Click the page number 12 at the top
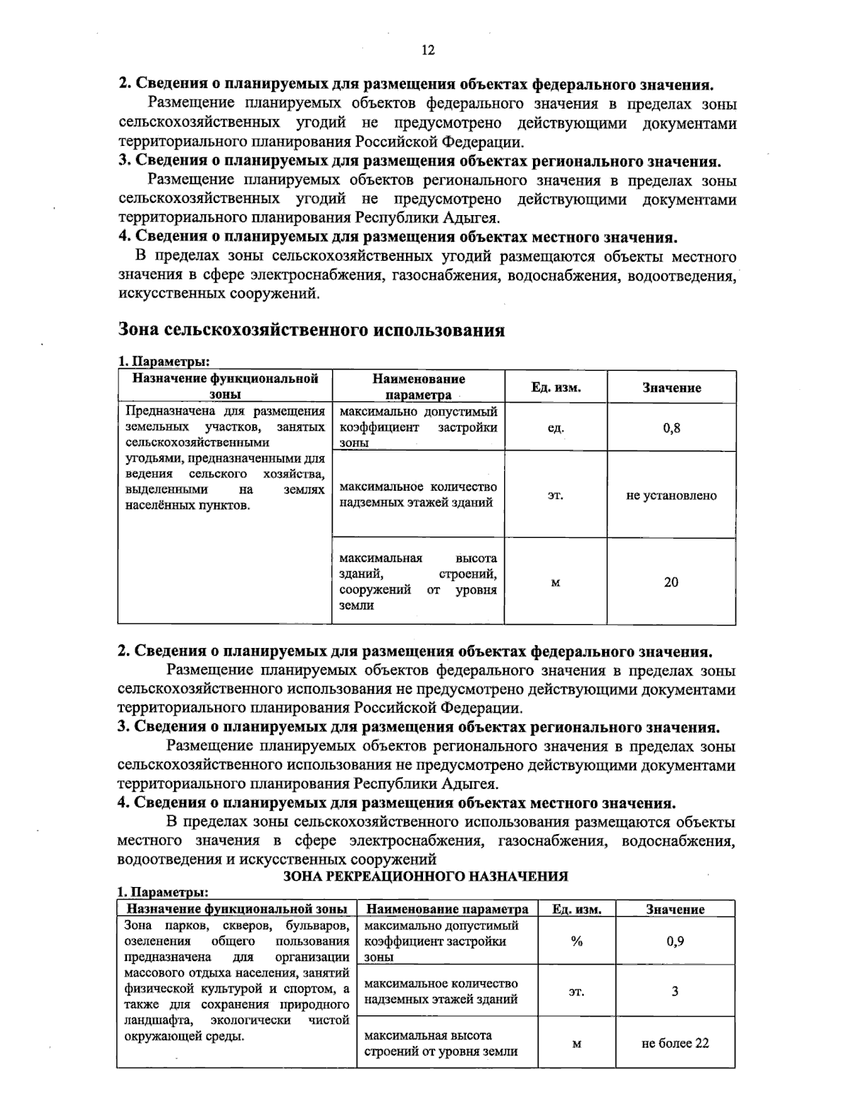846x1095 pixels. click(x=428, y=50)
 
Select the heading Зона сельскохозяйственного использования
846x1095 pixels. click(x=311, y=330)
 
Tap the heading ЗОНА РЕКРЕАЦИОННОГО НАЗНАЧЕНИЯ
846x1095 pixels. click(x=425, y=876)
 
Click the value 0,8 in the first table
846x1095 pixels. click(x=671, y=427)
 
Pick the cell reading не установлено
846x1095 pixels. click(x=671, y=495)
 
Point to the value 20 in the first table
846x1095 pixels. click(x=671, y=582)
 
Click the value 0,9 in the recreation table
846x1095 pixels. click(x=675, y=941)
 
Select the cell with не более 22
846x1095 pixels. click(x=675, y=1043)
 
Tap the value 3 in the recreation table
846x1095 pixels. click(x=675, y=991)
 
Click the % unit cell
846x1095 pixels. click(x=576, y=941)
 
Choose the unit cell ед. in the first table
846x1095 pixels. click(x=556, y=427)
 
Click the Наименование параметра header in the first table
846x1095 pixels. click(x=418, y=386)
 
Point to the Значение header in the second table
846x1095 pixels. click(x=675, y=910)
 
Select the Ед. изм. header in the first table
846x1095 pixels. click(x=556, y=387)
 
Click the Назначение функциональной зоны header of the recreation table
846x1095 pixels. click(x=236, y=910)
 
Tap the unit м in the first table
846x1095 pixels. click(x=556, y=582)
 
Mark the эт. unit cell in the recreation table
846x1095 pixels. click(x=576, y=991)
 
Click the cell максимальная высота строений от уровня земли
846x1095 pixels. click(x=441, y=1044)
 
